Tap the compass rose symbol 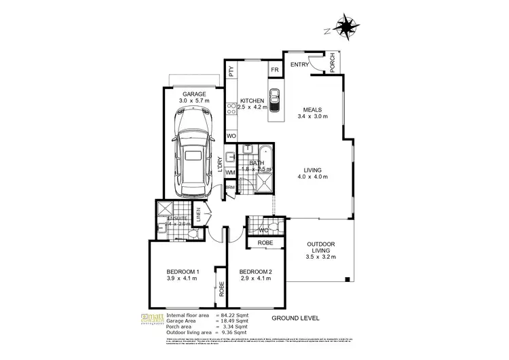tap(348, 27)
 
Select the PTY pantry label tap(231, 70)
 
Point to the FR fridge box tap(275, 70)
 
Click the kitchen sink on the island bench tap(275, 100)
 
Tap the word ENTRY tap(299, 65)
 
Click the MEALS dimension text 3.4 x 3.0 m tap(312, 117)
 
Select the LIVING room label tap(312, 170)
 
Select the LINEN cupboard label tap(200, 216)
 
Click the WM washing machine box tap(231, 173)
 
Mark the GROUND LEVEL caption tap(295, 318)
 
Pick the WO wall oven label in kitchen tap(231, 137)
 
